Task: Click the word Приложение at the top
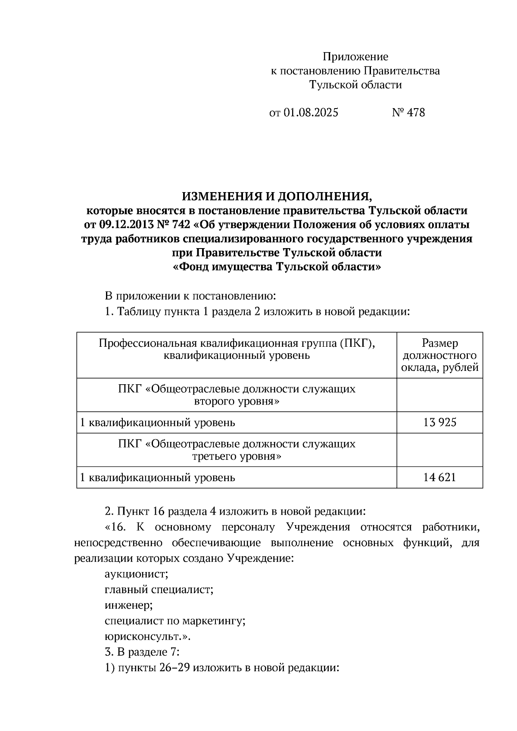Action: click(x=355, y=56)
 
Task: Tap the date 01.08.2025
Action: click(x=311, y=112)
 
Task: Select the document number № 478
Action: click(x=408, y=112)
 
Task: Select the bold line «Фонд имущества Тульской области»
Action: click(x=277, y=267)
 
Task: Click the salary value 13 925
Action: click(x=439, y=422)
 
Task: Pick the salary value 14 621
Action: click(x=439, y=477)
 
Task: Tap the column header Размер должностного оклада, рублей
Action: click(x=439, y=355)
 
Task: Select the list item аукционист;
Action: click(x=136, y=574)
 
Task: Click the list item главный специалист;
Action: click(x=159, y=590)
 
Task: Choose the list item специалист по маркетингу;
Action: click(x=175, y=621)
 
